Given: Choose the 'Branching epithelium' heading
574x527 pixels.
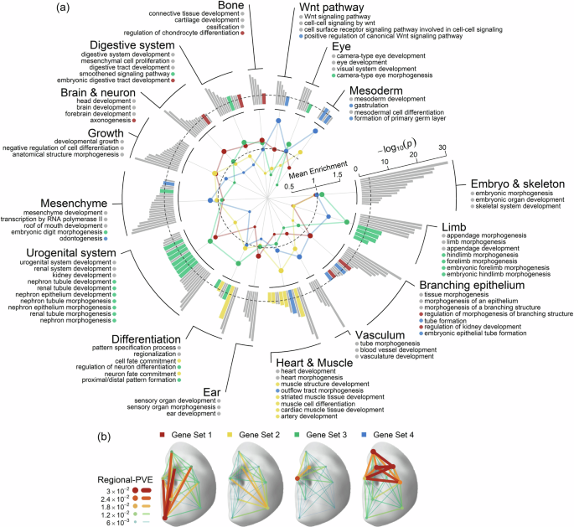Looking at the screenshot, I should (477, 286).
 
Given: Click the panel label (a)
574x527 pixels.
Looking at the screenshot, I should (63, 8).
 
